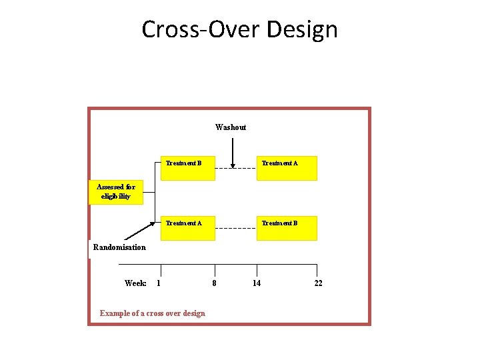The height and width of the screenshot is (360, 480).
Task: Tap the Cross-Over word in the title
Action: click(200, 29)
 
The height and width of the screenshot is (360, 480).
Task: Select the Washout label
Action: click(231, 127)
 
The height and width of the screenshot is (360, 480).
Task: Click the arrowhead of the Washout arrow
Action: click(231, 165)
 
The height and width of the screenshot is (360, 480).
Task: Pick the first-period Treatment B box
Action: click(188, 168)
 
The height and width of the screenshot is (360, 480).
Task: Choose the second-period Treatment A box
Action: click(287, 168)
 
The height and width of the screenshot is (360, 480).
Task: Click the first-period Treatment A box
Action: click(188, 228)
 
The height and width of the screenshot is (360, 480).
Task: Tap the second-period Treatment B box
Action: click(287, 228)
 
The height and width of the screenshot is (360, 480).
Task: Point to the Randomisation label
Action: click(119, 247)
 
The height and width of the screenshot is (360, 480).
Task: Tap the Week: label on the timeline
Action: click(135, 283)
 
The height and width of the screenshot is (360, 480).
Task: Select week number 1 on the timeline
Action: click(158, 283)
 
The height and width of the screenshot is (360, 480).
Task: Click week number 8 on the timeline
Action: click(214, 283)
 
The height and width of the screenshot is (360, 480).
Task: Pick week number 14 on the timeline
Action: click(257, 283)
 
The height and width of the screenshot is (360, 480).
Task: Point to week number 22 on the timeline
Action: click(318, 283)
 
